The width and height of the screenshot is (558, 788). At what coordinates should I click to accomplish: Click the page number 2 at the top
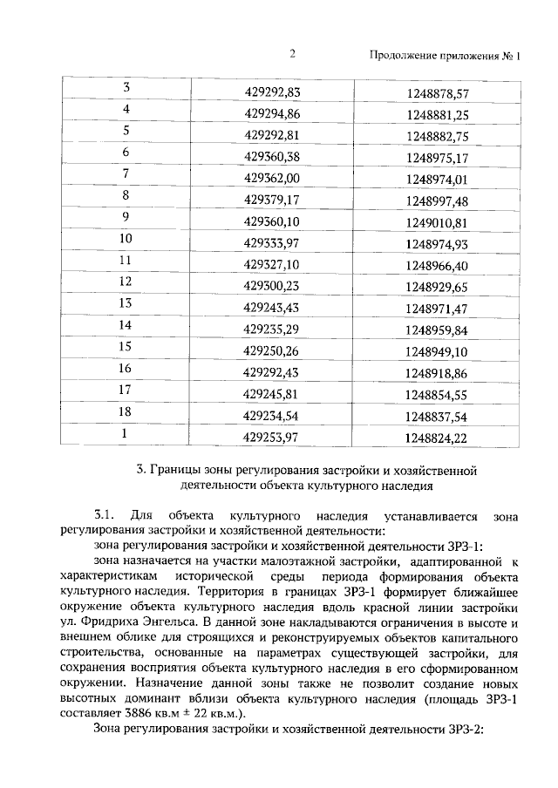293,55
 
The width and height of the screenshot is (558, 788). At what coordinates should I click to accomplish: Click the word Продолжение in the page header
403,57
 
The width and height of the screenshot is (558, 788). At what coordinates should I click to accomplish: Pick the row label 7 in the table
126,174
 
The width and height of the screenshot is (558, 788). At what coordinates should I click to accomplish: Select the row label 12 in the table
126,282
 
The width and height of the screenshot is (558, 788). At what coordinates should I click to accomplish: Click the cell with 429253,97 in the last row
273,436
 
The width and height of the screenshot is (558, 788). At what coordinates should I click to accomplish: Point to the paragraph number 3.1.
104,516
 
